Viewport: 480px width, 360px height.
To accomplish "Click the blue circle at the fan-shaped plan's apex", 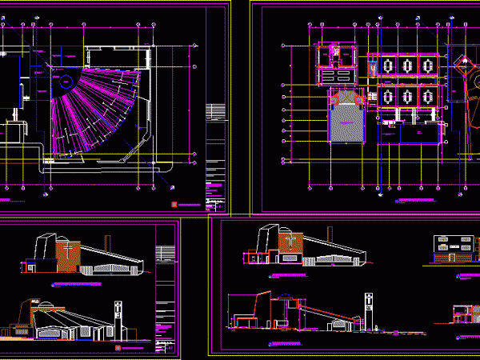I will pos(61,82).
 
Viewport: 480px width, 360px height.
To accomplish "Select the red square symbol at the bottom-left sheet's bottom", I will pos(118,348).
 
